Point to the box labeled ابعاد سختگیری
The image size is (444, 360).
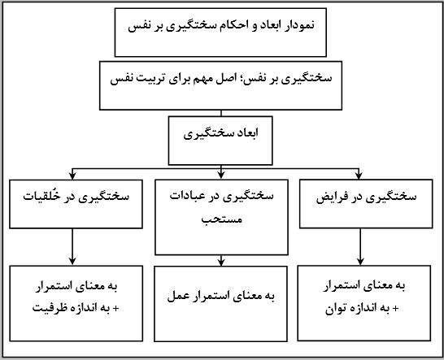pyautogui.click(x=220, y=141)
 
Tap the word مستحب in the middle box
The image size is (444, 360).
pyautogui.click(x=222, y=219)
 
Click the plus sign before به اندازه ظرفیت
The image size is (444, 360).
pyautogui.click(x=115, y=309)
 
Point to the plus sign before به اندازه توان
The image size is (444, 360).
pyautogui.click(x=395, y=309)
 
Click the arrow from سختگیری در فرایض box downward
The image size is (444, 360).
pyautogui.click(x=360, y=247)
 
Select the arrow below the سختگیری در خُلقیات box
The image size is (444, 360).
pyautogui.click(x=72, y=247)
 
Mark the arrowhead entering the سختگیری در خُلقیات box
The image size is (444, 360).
pyautogui.click(x=72, y=176)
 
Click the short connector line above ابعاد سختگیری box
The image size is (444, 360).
pyautogui.click(x=221, y=113)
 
